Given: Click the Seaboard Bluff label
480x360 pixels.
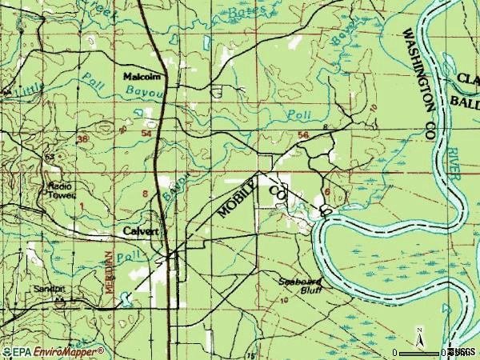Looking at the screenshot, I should click(x=300, y=286).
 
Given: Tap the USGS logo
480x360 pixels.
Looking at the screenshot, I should click(x=463, y=352).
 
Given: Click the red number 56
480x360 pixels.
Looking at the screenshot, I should click(x=302, y=136).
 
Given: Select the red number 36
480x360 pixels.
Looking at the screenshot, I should click(x=82, y=139).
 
